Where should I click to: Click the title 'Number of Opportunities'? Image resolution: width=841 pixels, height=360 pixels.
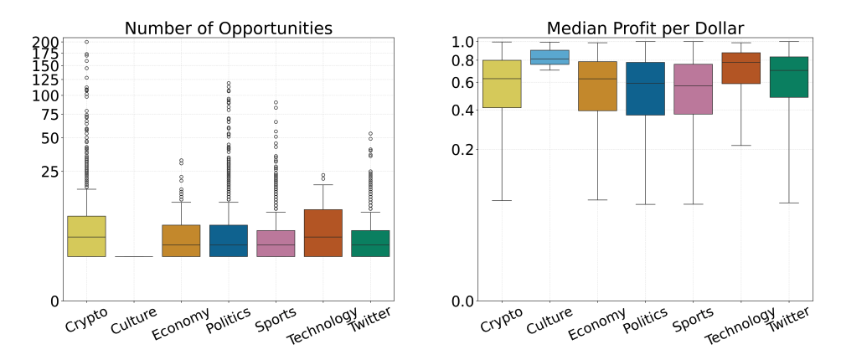point(228,28)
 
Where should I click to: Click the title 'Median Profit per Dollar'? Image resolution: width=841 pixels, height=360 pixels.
point(645,28)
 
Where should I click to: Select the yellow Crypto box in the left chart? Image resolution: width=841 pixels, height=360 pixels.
point(86,236)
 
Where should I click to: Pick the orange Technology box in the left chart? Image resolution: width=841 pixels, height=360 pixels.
point(322,233)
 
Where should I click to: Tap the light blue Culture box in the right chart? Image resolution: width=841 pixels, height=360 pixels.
point(549,57)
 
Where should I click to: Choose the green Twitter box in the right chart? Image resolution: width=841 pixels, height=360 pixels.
point(788,77)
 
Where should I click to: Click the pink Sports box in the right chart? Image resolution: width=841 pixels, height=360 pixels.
point(693,89)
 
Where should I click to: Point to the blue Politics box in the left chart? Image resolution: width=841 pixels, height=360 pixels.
point(228,240)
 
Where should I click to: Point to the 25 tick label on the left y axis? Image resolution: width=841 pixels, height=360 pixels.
point(49,172)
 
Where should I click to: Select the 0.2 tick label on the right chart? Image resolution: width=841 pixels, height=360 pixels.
point(463,150)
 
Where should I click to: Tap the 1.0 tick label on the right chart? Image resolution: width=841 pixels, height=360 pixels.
point(463,42)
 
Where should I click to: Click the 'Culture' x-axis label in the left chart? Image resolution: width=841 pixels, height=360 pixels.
point(134,322)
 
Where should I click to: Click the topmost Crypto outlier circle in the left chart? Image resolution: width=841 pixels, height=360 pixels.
point(86,42)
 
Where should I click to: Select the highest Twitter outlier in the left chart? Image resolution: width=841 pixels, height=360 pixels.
point(370,134)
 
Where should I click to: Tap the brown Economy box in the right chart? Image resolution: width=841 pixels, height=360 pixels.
point(597,86)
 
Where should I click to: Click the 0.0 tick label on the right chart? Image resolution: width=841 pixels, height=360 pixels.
point(463,301)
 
